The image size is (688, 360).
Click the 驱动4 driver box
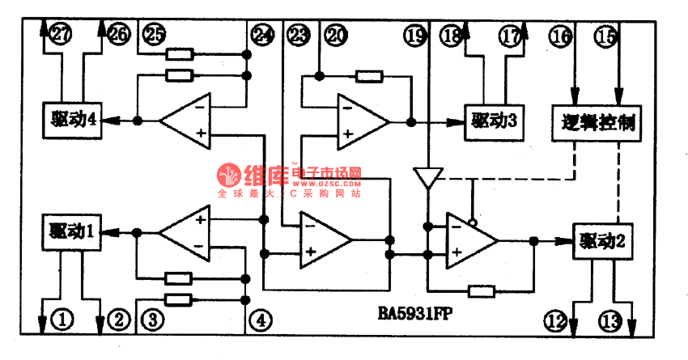pyautogui.click(x=71, y=120)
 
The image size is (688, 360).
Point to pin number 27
pyautogui.click(x=60, y=34)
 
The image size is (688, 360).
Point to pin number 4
pyautogui.click(x=259, y=320)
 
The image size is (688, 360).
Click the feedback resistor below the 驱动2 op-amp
pyautogui.click(x=481, y=290)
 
